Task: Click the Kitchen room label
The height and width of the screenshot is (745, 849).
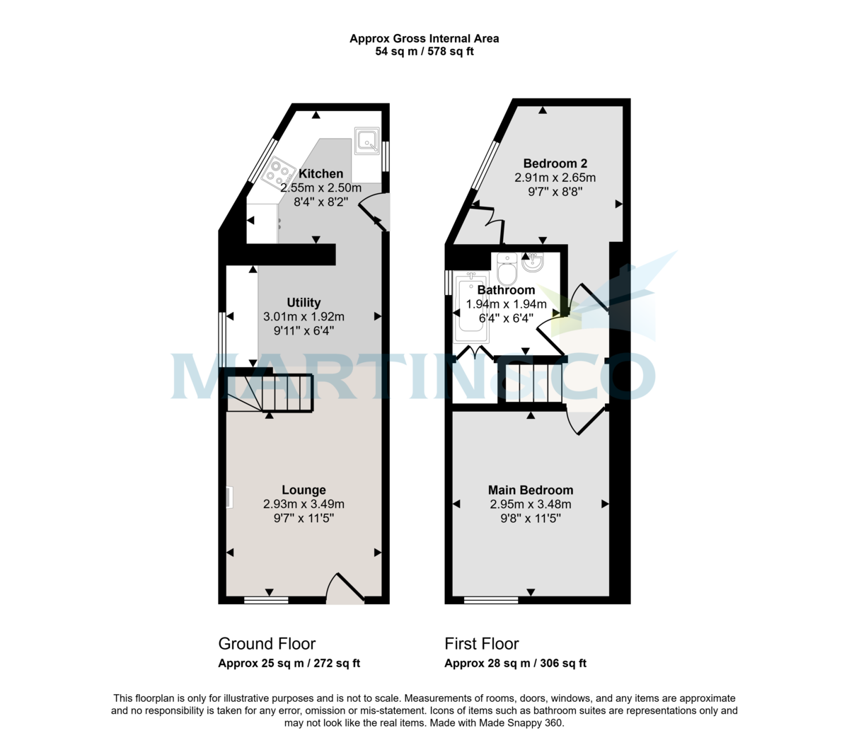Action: (x=320, y=173)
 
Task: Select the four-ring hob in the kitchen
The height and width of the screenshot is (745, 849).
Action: (x=278, y=172)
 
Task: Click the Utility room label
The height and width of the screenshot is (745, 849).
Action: (x=304, y=302)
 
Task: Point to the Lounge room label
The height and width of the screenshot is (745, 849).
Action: (x=304, y=490)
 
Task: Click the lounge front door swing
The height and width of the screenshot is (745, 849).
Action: (x=345, y=589)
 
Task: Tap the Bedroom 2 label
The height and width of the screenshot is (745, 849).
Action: (x=555, y=163)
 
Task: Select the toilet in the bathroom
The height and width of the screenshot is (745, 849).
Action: (x=507, y=270)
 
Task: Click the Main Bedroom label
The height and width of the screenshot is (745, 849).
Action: (x=531, y=490)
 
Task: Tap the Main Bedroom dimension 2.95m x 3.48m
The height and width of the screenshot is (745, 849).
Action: (x=531, y=504)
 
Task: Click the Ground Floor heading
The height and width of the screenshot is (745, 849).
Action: (x=267, y=644)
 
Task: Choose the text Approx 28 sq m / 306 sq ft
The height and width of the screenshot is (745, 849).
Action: (x=515, y=664)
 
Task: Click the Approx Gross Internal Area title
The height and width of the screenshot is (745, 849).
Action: (x=424, y=38)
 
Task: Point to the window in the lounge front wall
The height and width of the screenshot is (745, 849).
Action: (x=266, y=601)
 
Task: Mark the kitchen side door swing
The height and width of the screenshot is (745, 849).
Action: (x=374, y=212)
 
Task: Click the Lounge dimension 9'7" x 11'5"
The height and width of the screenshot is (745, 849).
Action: (x=304, y=519)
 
